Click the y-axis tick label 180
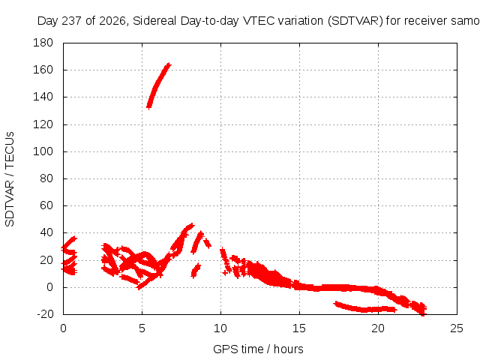[43, 43]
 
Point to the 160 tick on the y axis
[43, 70]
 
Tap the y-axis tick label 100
[43, 151]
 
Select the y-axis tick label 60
[46, 205]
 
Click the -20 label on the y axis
[45, 314]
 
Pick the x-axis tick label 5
[142, 328]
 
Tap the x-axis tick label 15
[299, 328]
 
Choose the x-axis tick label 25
[457, 328]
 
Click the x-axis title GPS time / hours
[258, 349]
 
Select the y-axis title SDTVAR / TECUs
[10, 179]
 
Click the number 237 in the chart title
[71, 21]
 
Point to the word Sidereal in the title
[154, 21]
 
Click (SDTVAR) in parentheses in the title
[355, 21]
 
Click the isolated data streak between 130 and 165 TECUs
[158, 85]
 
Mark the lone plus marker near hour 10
[225, 272]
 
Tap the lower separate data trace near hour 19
[364, 308]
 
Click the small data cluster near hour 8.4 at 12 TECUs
[196, 270]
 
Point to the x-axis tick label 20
[378, 328]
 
